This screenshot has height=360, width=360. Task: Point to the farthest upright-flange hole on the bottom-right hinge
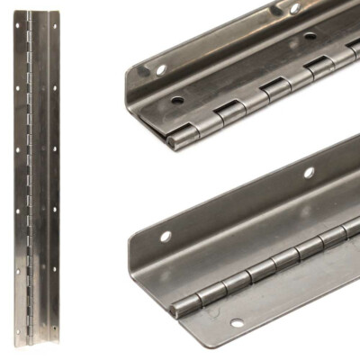309,172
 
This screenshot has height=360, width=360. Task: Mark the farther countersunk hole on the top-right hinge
310,37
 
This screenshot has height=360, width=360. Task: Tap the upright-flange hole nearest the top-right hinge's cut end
160,68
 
